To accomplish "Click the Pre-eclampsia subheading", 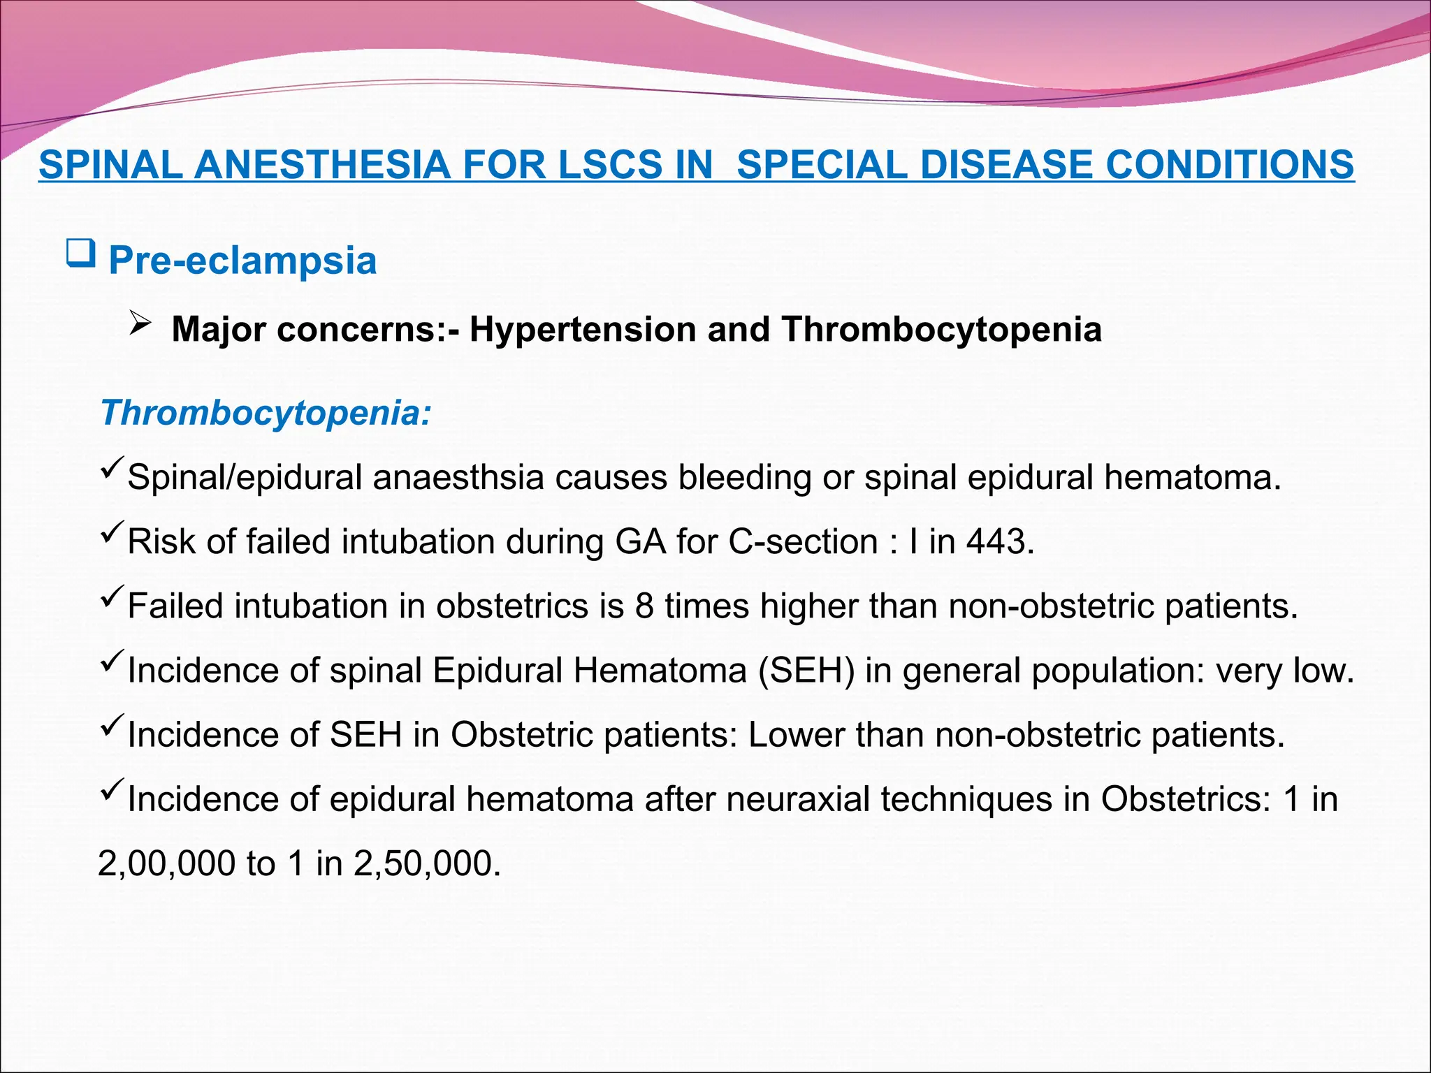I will (242, 261).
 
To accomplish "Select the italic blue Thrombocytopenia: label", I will (266, 412).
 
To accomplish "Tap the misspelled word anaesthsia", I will (458, 478).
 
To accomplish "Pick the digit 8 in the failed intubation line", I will (644, 606).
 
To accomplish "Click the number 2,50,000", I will (427, 864).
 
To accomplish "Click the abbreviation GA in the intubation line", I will (641, 541).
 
